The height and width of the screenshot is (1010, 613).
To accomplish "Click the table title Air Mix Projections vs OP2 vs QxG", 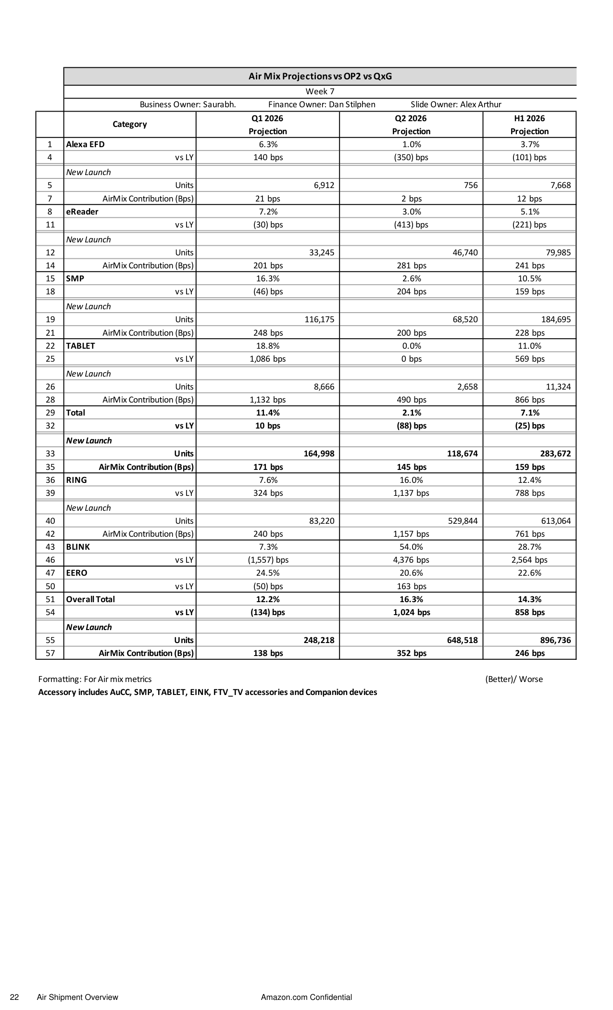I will coord(320,76).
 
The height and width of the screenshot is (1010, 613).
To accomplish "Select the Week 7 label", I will coord(320,91).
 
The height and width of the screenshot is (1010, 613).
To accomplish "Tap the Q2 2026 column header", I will coord(411,118).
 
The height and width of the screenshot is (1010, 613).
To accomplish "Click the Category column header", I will coord(129,124).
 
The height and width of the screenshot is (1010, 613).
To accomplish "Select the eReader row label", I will coord(82,212).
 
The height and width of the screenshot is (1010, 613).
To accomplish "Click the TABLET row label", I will coord(80,346).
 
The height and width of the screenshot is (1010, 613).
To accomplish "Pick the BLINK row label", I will coord(78,547).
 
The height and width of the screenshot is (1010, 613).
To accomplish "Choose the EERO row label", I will coord(76,573).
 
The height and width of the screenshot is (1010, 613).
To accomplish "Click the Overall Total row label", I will coord(90,599).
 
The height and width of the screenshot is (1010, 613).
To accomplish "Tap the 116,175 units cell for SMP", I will coord(319,319).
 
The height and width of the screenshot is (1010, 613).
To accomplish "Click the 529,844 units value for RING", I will coord(463,521).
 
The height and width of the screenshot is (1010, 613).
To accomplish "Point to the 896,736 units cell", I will coord(555,640).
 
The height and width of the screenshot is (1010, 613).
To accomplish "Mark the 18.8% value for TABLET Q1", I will coord(268,346).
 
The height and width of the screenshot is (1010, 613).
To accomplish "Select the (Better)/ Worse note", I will coord(514,679).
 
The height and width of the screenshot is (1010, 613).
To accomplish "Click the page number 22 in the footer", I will coord(14,997).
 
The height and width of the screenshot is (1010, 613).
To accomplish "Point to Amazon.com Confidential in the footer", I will coord(306,997).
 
